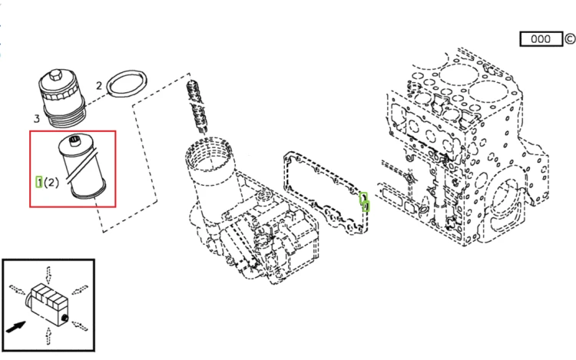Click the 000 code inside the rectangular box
[541, 39]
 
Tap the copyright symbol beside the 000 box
[571, 38]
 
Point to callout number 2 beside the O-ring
[99, 85]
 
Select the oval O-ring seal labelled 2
[127, 84]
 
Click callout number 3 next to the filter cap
[37, 118]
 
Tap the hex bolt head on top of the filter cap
[55, 75]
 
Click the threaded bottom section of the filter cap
[65, 116]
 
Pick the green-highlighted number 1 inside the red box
[39, 182]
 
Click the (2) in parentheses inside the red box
[51, 183]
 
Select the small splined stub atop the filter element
[74, 140]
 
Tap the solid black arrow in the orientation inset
[16, 327]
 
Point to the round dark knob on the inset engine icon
[65, 318]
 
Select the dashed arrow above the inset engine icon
[48, 275]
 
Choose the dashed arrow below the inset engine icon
[48, 336]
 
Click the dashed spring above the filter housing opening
[197, 107]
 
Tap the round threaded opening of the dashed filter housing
[209, 154]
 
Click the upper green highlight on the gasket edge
[363, 197]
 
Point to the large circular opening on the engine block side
[508, 201]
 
